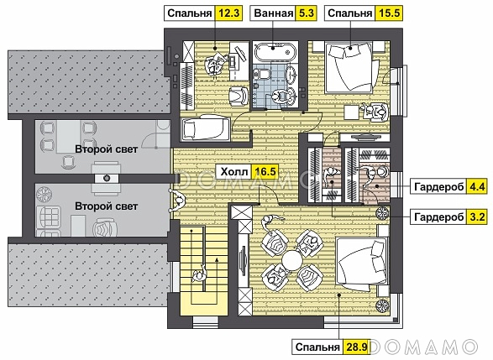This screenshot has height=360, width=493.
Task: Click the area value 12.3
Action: pos(228,13)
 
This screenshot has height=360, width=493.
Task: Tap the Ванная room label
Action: pos(273,13)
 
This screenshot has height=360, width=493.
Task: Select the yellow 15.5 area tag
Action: pos(389,13)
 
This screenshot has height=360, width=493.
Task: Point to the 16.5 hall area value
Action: pos(265,172)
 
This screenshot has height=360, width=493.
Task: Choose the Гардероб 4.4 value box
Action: pos(477,186)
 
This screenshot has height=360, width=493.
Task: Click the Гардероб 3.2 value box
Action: pos(477,217)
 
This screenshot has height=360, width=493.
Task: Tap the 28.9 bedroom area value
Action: pos(357,347)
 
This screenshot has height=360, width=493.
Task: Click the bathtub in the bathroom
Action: pos(275,51)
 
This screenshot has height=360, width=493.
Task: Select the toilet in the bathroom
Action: pos(263,74)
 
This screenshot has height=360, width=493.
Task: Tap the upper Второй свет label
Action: pos(107,149)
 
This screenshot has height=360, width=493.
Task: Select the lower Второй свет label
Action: pos(107,206)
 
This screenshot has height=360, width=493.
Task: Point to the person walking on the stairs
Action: pos(199,274)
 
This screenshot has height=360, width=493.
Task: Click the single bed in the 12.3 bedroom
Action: pos(205,128)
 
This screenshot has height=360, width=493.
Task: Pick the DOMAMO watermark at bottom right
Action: pos(423,347)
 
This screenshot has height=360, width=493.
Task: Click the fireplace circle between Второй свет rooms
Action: pos(107,178)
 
